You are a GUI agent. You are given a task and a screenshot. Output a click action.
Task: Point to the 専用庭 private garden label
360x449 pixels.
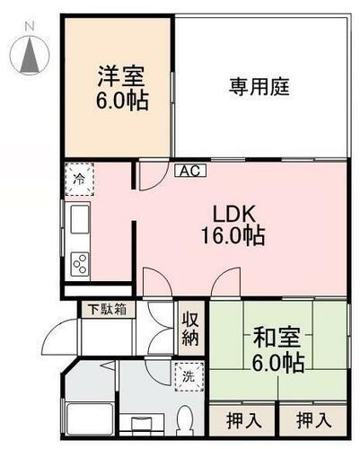coord(260,87)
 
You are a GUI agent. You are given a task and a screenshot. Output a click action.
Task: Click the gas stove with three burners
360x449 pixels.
coord(79,263)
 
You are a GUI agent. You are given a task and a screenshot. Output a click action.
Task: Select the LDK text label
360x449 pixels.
coord(235,214)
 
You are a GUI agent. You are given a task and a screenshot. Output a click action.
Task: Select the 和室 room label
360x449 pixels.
coord(277,339)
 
